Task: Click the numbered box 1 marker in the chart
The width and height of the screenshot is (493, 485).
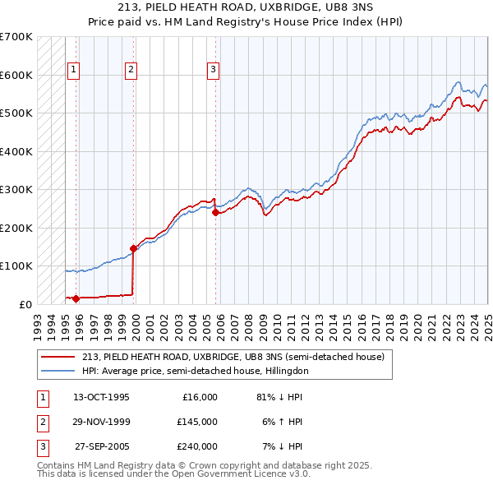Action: click(x=74, y=70)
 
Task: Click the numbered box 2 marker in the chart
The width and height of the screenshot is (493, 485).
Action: click(x=131, y=70)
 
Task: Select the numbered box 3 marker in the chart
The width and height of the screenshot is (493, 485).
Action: click(x=213, y=70)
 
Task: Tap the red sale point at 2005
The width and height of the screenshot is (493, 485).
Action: click(x=215, y=212)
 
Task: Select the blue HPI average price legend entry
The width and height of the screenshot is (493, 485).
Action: click(x=194, y=372)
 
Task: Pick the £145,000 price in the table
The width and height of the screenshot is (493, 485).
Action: click(x=196, y=422)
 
